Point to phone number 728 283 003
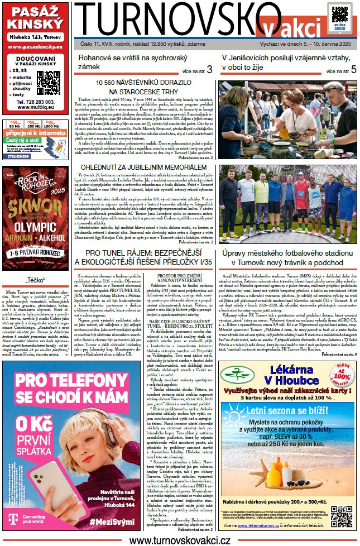(x=36, y=102)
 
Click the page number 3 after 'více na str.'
(x=209, y=70)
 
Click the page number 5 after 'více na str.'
(x=353, y=70)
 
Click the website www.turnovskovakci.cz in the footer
(x=180, y=540)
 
